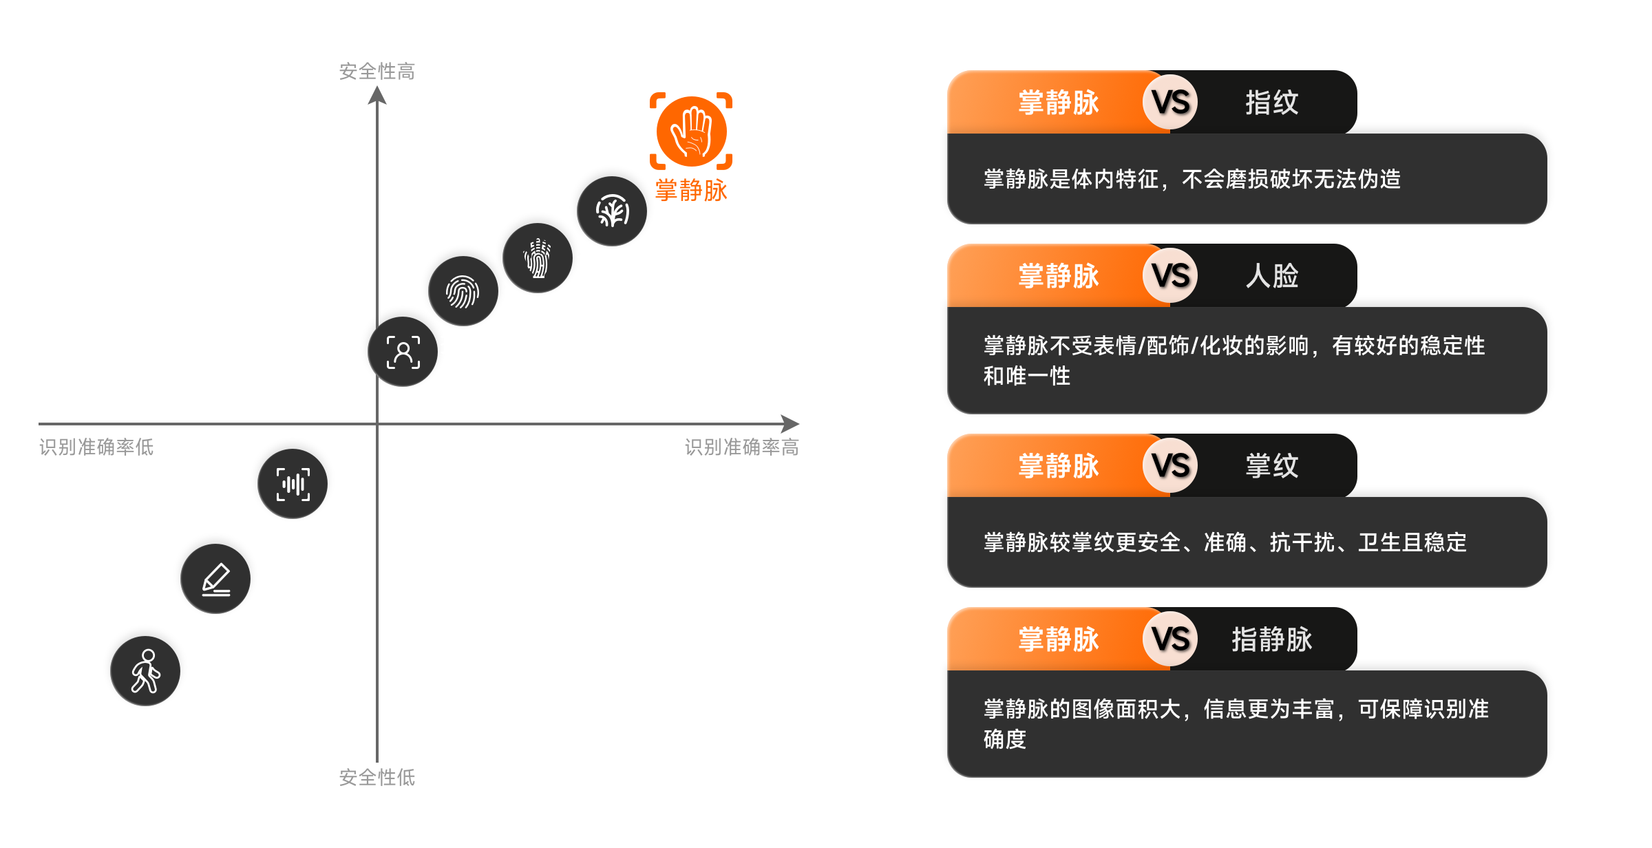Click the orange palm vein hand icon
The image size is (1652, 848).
click(691, 131)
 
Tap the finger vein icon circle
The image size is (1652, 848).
click(611, 211)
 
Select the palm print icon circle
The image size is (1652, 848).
click(538, 258)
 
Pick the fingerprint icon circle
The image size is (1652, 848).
click(463, 291)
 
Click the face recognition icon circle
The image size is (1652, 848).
click(403, 352)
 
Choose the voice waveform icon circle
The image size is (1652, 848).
click(293, 484)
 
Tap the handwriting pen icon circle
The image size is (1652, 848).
click(215, 579)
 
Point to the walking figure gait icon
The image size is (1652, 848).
click(145, 671)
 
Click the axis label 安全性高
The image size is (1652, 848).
click(377, 71)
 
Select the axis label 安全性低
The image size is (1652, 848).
click(377, 777)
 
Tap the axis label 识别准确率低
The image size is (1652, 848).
click(96, 447)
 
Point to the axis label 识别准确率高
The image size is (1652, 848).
click(741, 447)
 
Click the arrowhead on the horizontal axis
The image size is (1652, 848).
click(792, 424)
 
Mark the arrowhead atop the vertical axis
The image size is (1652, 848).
click(377, 95)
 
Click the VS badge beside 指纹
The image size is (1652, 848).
click(1170, 103)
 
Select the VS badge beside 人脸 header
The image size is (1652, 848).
click(1170, 276)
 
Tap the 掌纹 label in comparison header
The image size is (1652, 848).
click(1271, 466)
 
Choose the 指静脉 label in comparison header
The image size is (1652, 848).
click(1271, 639)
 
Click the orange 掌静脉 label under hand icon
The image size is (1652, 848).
click(691, 190)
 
